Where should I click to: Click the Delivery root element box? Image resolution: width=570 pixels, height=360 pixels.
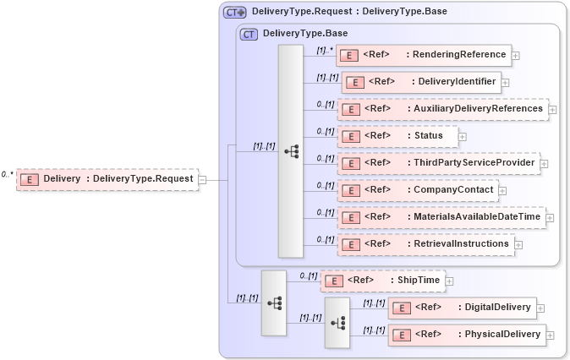coord(107,179)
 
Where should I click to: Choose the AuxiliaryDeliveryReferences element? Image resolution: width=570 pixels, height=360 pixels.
coord(442,109)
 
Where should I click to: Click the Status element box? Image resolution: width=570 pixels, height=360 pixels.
coord(397,136)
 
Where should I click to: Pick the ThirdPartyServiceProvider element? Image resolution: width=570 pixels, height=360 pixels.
coord(438,163)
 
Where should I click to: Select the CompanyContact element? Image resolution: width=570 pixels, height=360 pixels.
coord(417,190)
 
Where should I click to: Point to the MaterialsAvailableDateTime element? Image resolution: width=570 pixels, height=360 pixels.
coord(441,217)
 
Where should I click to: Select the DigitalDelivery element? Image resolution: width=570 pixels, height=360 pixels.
coord(461,308)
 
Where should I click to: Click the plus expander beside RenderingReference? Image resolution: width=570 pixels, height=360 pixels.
coord(516,56)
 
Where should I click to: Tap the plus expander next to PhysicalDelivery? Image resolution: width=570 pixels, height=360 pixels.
coord(551,335)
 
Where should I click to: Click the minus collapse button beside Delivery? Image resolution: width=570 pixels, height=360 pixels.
coord(202,179)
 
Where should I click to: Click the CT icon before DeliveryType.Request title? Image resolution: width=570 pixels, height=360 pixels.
coord(234,12)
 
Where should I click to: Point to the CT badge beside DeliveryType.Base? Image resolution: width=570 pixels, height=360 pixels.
coord(249,34)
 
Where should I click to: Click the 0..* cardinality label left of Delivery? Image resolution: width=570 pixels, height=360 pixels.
coord(8,174)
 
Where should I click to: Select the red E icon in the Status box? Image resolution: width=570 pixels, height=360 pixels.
coord(351,136)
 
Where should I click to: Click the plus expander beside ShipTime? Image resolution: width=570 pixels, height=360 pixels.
coord(450,281)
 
